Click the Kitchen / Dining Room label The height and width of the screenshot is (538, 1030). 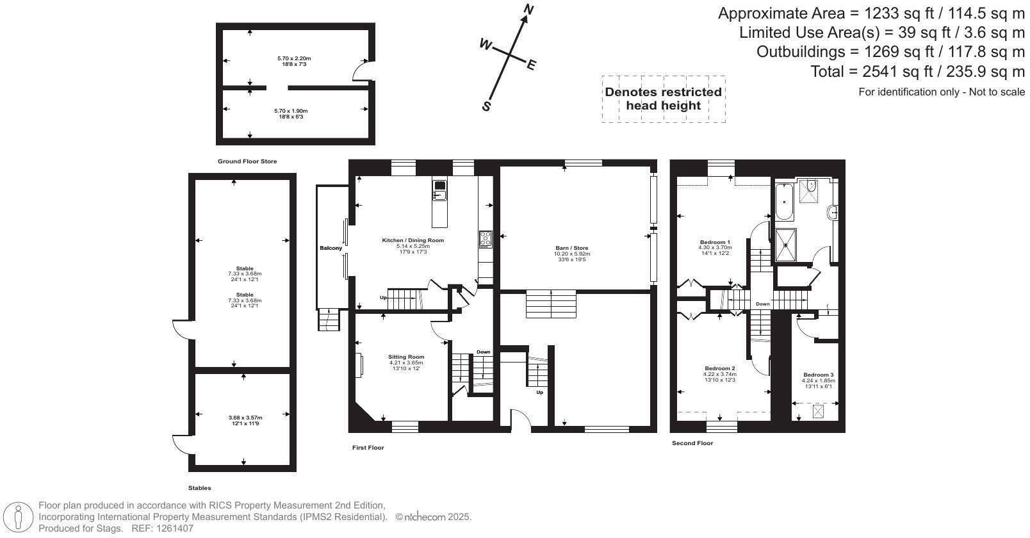(413, 240)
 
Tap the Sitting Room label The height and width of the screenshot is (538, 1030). (406, 357)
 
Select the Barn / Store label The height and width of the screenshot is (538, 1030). (572, 248)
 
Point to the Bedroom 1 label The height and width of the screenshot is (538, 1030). (715, 242)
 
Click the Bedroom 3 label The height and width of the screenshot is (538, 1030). (819, 375)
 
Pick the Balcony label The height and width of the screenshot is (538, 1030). (331, 249)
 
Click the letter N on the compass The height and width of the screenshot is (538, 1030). (529, 10)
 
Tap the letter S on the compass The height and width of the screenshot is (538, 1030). (486, 107)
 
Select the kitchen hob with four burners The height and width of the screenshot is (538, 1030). (486, 239)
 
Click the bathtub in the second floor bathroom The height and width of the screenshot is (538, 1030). (784, 202)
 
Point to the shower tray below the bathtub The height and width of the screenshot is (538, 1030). (785, 245)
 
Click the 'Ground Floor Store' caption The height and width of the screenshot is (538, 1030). (247, 161)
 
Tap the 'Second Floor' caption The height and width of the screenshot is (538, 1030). (692, 443)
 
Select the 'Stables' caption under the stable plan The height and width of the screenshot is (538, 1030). (200, 488)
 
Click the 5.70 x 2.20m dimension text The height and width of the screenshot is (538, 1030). (294, 58)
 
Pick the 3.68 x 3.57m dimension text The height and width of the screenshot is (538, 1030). (245, 418)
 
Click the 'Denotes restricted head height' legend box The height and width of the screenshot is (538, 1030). (664, 99)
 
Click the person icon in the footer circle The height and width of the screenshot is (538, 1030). (18, 518)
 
